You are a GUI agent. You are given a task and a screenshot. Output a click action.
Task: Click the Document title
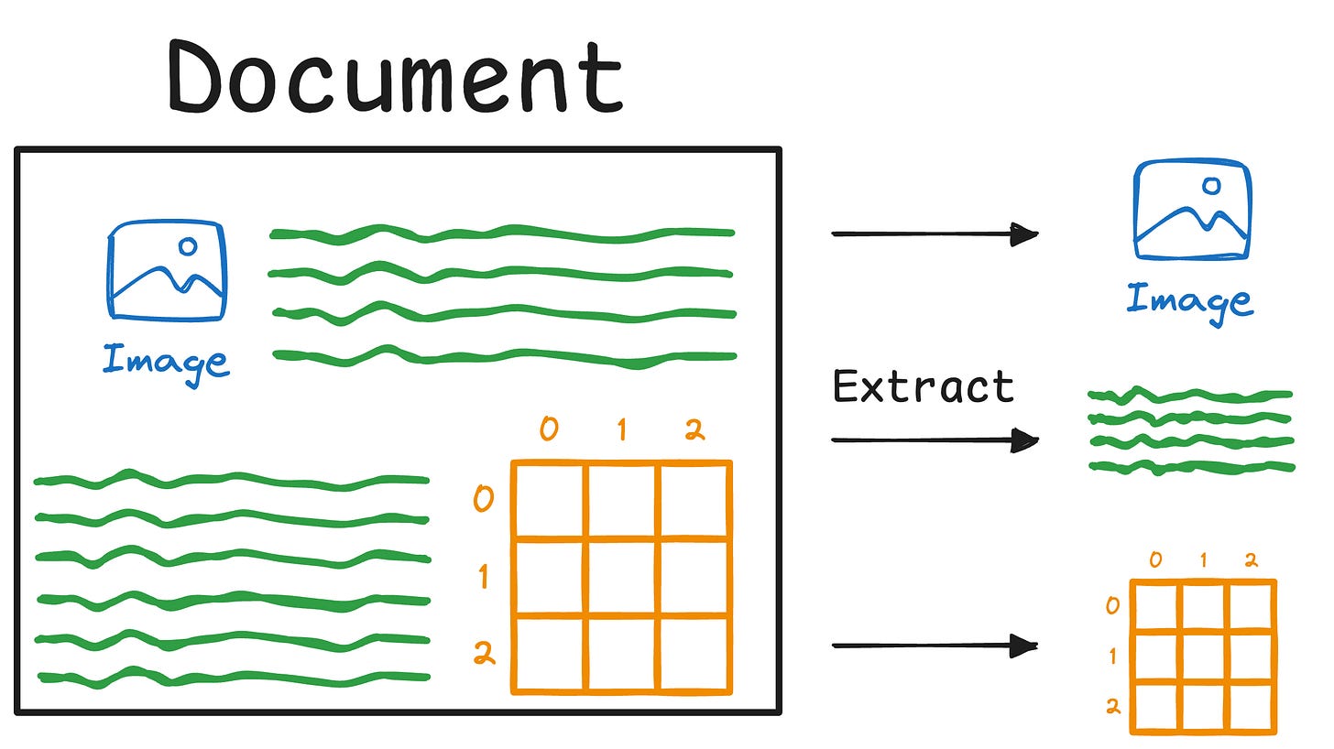[x=396, y=76]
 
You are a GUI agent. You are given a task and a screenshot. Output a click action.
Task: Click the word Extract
[x=923, y=386]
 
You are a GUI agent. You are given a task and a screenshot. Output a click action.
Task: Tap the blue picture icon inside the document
[x=167, y=270]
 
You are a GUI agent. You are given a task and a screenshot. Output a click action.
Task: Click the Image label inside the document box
[x=165, y=360]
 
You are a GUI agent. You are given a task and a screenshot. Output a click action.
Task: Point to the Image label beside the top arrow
[x=1188, y=300]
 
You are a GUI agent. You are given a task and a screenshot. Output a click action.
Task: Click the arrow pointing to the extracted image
[x=934, y=234]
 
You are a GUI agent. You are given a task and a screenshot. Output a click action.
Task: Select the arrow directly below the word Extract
[x=934, y=441]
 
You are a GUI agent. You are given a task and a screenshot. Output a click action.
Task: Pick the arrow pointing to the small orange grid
[x=934, y=646]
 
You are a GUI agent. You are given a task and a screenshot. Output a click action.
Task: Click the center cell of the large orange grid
[x=622, y=577]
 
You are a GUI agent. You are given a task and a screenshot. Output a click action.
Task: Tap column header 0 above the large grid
[x=548, y=429]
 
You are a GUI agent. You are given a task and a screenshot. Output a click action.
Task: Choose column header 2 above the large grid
[x=695, y=429]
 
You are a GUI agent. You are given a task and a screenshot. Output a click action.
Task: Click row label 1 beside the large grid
[x=483, y=577]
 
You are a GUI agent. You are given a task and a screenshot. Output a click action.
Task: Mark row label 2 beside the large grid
[x=483, y=653]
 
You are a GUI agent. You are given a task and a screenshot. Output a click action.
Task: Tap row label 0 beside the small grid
[x=1112, y=605]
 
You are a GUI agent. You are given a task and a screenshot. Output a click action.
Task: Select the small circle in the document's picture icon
[x=188, y=245]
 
